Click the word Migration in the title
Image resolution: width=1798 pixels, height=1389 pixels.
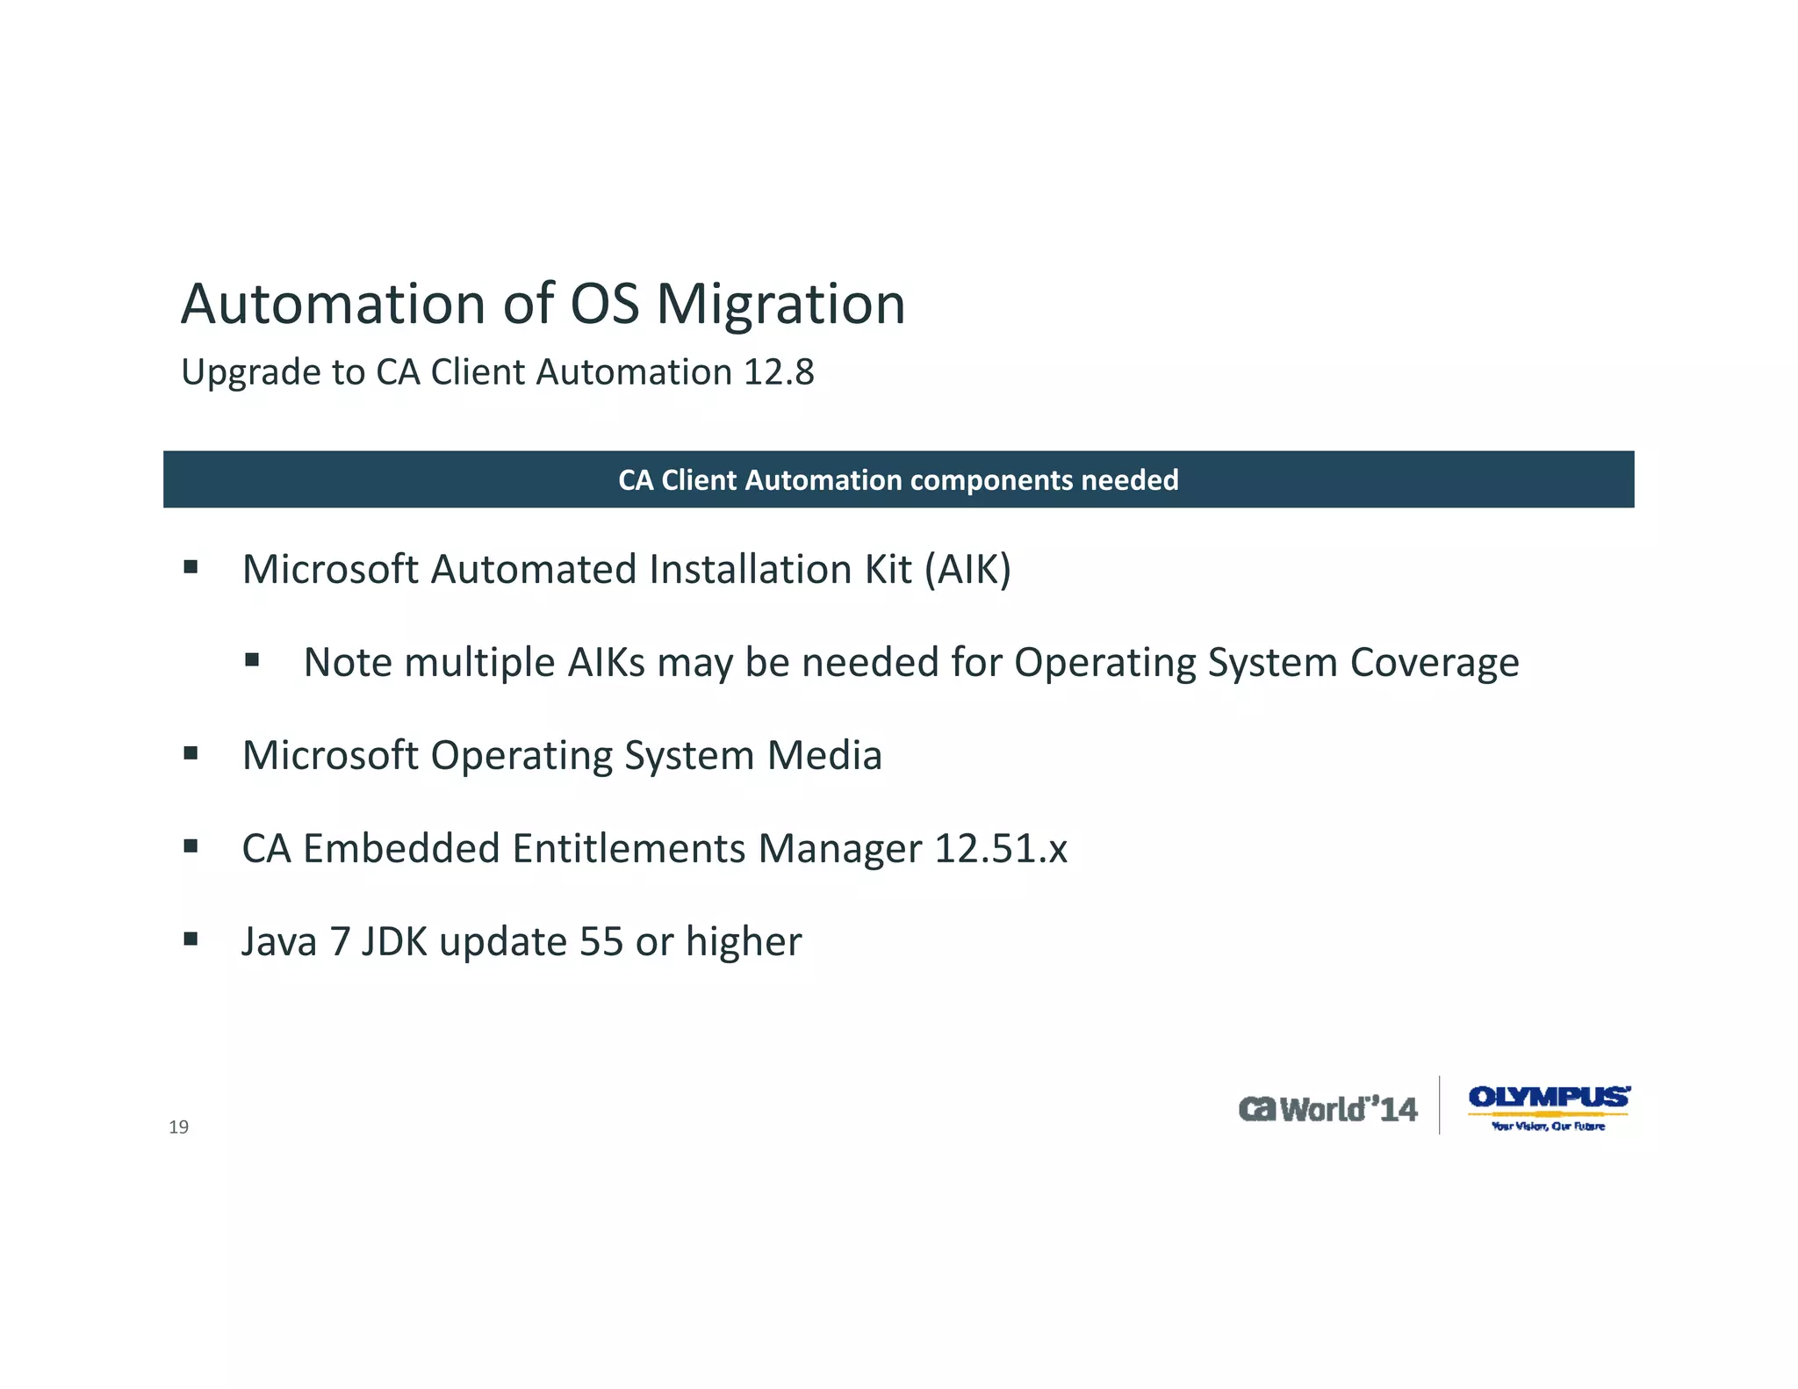(780, 306)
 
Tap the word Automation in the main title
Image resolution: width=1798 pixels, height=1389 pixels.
(333, 304)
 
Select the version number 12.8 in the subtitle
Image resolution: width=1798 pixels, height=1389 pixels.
(779, 372)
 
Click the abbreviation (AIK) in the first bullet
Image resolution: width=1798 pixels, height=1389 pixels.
(967, 570)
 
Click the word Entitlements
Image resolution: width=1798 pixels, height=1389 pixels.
(629, 848)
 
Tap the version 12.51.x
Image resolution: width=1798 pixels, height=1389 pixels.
(1000, 848)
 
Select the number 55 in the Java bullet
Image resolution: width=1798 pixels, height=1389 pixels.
(601, 941)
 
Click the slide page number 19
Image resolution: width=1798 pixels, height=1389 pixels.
(178, 1127)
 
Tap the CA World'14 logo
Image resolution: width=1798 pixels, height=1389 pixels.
(1327, 1109)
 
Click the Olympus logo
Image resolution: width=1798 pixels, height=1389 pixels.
(1549, 1106)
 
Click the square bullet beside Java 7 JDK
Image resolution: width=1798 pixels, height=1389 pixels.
(191, 939)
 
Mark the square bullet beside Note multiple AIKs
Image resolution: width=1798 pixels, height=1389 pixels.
(252, 659)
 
